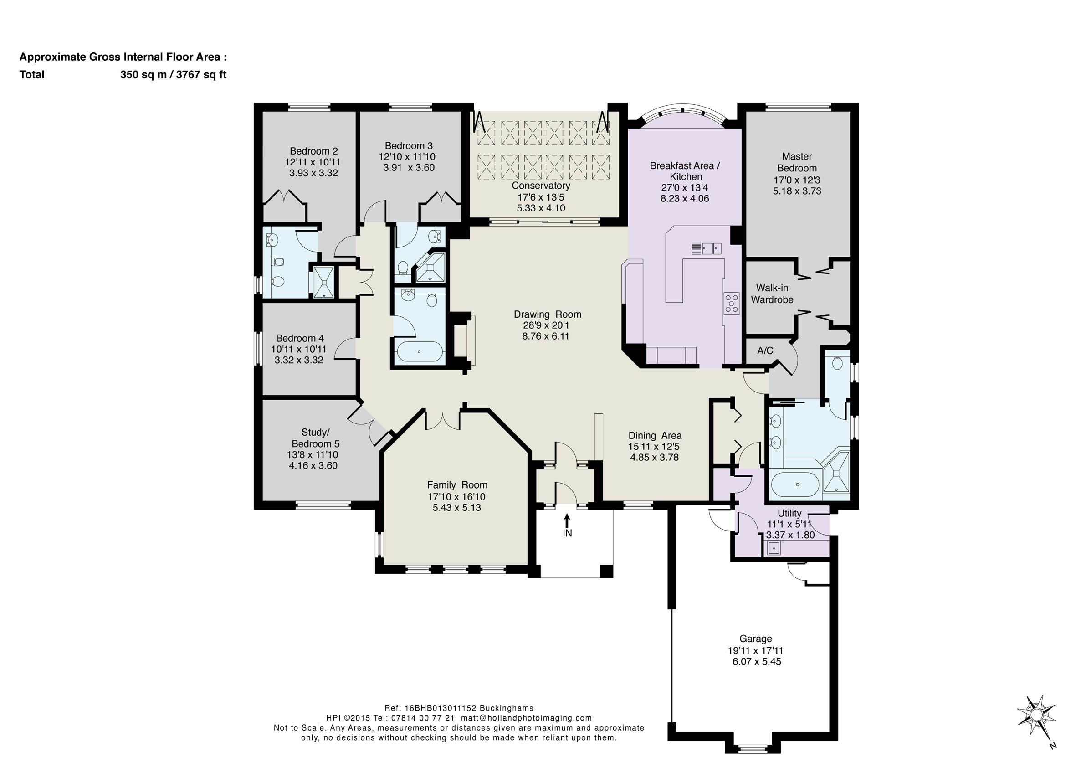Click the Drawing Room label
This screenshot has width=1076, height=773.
tap(548, 314)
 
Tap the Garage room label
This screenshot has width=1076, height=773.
tap(756, 639)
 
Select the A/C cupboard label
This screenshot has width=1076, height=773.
tap(765, 350)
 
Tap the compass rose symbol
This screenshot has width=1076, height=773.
tap(1037, 725)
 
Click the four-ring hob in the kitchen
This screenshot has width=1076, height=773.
tap(731, 303)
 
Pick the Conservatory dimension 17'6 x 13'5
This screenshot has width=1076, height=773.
tap(541, 197)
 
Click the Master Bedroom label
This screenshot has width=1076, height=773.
tap(797, 162)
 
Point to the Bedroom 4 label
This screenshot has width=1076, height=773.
tap(300, 338)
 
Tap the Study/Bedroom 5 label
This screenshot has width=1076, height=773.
tap(316, 438)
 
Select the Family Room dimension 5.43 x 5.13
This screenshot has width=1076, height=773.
tap(457, 507)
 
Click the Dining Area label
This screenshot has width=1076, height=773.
tap(655, 436)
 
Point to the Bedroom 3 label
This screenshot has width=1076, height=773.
tap(409, 146)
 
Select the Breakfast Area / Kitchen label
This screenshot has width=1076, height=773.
tap(685, 171)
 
